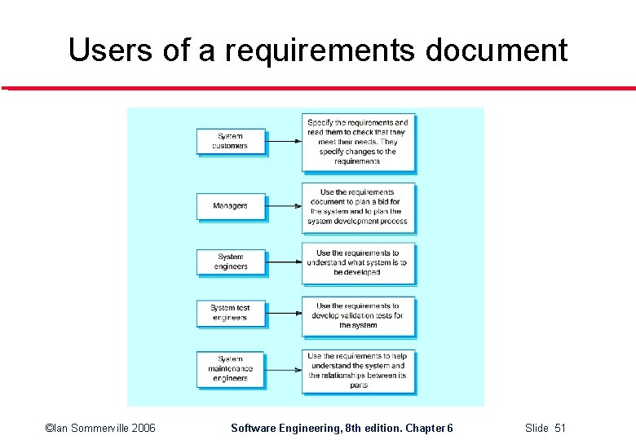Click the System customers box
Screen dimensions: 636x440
(x=231, y=141)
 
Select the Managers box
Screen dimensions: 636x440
(x=231, y=205)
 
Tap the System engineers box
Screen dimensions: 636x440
(x=231, y=262)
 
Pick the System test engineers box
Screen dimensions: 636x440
(x=231, y=313)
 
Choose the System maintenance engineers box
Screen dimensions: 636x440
(x=231, y=368)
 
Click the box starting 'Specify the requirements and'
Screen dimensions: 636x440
(x=357, y=142)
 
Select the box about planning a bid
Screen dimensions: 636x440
(x=357, y=207)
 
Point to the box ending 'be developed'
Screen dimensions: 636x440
(x=357, y=262)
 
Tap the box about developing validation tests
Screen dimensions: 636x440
(x=357, y=315)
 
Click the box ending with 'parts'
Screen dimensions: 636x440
(x=357, y=371)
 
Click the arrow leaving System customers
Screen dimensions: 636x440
(x=284, y=141)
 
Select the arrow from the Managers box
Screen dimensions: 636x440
(x=284, y=206)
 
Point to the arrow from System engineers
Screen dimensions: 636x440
(x=284, y=262)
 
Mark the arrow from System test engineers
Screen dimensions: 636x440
(x=284, y=314)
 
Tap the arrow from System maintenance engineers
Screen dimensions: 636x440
(x=284, y=369)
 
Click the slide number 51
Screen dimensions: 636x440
(x=559, y=428)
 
